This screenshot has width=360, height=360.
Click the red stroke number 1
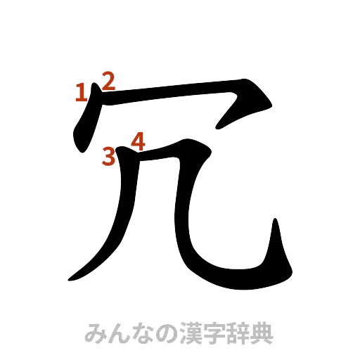tap(82, 92)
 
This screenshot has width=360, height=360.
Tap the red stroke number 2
tap(108, 79)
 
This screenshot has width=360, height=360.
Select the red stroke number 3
tap(108, 156)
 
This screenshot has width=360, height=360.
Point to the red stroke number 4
tap(138, 141)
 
